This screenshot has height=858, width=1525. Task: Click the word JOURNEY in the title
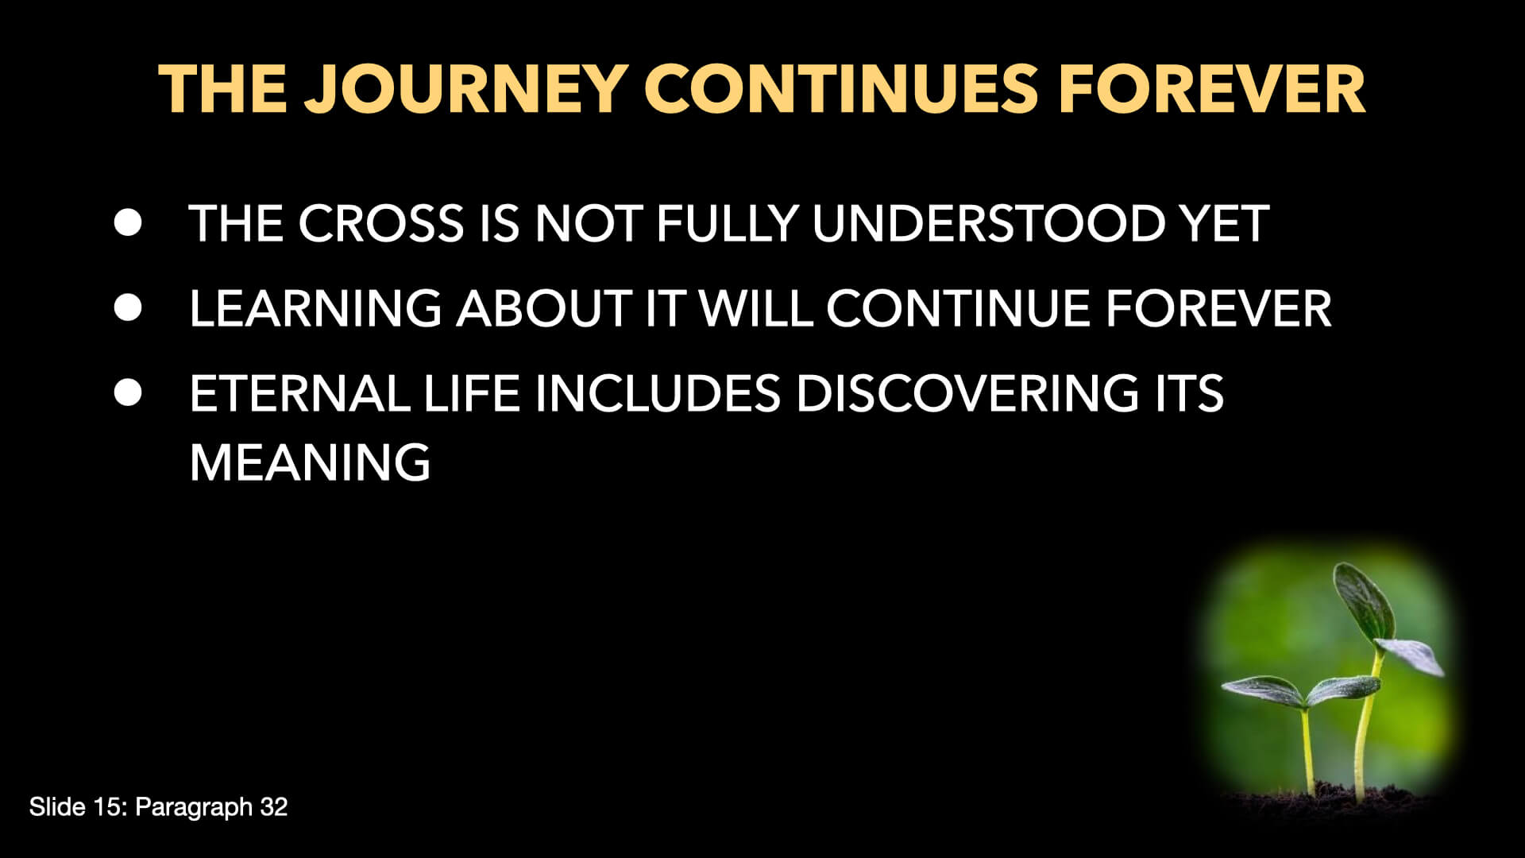coord(467,89)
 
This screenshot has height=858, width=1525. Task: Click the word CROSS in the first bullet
coord(380,223)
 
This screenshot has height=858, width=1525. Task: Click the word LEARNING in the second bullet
coord(315,308)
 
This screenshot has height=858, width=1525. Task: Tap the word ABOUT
coord(543,308)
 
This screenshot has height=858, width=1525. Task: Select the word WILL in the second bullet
coord(755,308)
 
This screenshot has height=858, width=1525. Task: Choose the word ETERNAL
coord(299,393)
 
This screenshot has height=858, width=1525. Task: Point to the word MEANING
coord(310,462)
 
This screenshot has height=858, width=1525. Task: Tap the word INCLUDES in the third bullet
coord(658,393)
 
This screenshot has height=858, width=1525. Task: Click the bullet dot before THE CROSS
coord(128,222)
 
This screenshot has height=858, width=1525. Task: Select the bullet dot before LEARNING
coord(128,307)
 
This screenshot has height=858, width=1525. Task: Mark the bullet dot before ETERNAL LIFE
coord(128,392)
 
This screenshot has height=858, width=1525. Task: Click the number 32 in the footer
coord(273,807)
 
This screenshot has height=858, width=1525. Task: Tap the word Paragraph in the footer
coord(194,808)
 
